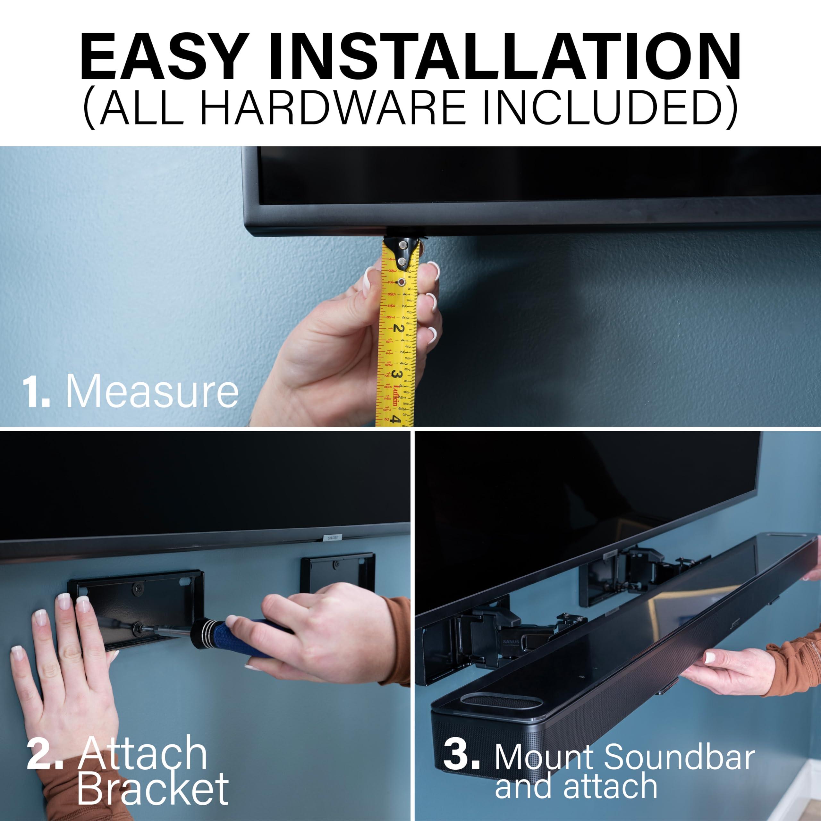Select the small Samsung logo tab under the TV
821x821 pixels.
(332, 538)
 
